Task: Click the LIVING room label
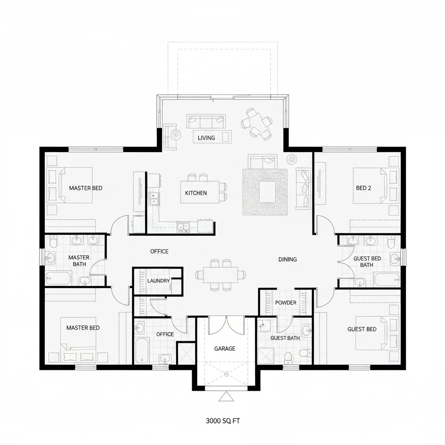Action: [206, 138]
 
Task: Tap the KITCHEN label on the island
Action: [196, 193]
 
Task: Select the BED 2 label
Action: [363, 188]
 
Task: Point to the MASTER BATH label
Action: [79, 261]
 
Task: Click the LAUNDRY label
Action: [158, 281]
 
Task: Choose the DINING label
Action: [287, 259]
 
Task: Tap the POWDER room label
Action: [286, 302]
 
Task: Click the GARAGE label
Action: [225, 349]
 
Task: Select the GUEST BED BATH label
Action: [367, 262]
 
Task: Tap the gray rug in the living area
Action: [265, 192]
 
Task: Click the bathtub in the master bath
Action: [59, 278]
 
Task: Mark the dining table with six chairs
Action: [220, 275]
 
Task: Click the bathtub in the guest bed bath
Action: [386, 279]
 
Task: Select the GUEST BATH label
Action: [285, 338]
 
